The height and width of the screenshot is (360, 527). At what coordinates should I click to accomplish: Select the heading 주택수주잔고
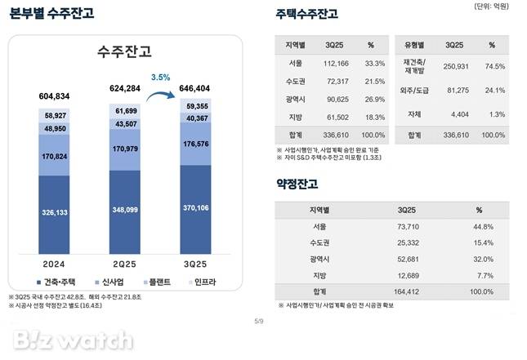coord(306,14)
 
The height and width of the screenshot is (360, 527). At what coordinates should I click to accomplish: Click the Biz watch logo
coord(71,338)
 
